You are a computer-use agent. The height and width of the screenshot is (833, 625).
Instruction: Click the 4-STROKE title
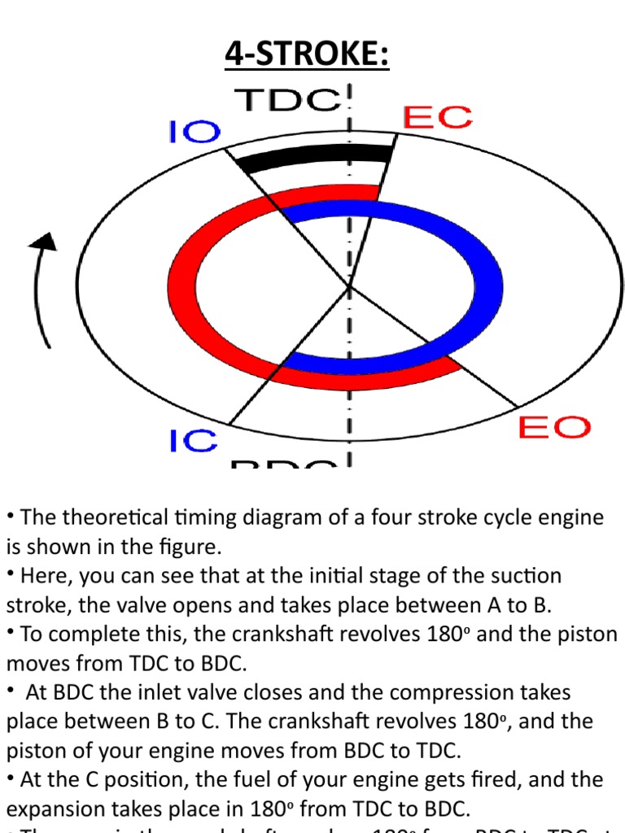[307, 56]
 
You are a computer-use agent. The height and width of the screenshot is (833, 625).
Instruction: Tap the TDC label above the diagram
[286, 100]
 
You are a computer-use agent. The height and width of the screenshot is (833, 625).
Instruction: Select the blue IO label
[194, 132]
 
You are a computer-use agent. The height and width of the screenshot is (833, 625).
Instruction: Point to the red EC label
[437, 118]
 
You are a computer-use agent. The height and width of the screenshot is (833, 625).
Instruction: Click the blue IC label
[194, 441]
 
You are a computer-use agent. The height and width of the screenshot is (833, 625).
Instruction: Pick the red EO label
[554, 427]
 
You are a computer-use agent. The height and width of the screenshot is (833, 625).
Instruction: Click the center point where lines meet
[350, 286]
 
